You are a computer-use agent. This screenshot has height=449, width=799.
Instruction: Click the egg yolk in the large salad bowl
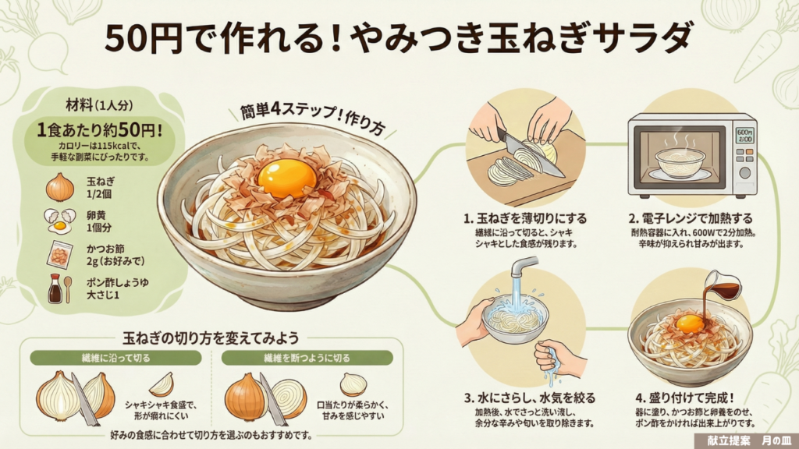[287, 179]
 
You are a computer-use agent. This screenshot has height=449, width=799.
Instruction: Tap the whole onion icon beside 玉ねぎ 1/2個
[59, 187]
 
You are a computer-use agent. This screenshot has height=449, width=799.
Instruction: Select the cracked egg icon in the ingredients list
[59, 221]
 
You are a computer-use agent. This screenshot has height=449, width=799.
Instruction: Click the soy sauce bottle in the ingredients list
[55, 288]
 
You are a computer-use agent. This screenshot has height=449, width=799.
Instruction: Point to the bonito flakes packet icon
[59, 255]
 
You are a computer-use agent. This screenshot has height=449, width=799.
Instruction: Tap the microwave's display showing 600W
[744, 135]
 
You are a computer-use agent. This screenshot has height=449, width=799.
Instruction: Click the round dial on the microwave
[744, 172]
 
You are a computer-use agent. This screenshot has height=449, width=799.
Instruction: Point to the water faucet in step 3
[522, 267]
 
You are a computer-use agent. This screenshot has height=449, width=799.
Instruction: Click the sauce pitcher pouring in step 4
[723, 285]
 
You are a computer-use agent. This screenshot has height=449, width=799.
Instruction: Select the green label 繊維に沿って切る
[115, 358]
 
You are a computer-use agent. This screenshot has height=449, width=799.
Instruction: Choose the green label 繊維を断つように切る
[307, 358]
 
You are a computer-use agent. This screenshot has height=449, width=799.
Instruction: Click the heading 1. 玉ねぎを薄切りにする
[525, 218]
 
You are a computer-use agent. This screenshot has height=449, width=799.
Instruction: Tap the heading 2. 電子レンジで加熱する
[691, 218]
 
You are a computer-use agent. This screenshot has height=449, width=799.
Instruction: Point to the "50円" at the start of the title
[143, 39]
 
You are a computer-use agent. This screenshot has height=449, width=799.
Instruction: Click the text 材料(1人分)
[99, 105]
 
